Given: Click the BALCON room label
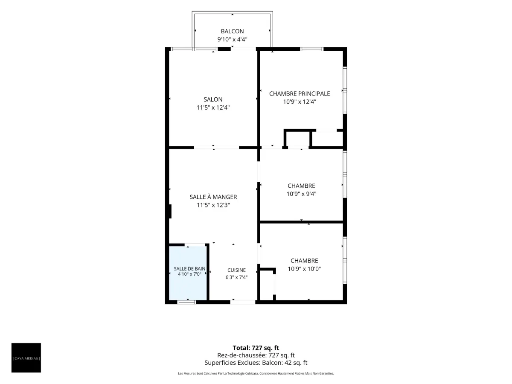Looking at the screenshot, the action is (232, 31).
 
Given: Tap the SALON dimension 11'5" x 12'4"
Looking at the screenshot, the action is (213, 108).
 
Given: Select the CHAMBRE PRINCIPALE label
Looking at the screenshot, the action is (300, 94).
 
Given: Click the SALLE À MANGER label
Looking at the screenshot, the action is (213, 197).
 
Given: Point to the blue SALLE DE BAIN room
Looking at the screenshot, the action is (188, 273).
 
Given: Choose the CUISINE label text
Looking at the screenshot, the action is (236, 270).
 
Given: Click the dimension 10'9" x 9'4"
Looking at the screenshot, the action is (301, 194).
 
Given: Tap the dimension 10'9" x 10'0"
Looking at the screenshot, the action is (304, 269).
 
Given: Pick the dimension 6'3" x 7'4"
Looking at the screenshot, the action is (236, 277).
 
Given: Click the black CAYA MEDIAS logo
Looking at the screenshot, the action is (26, 358).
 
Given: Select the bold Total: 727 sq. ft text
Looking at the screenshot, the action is (256, 348).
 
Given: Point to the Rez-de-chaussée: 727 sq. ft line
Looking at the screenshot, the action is (256, 355).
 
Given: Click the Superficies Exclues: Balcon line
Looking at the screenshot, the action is (256, 363).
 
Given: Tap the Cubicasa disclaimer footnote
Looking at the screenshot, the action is (256, 373).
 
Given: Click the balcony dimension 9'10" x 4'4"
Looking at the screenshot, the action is (232, 39).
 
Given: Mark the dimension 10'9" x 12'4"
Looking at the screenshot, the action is (300, 102).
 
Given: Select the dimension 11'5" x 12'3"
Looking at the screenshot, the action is (213, 205).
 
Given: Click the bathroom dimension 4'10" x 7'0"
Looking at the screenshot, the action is (189, 274).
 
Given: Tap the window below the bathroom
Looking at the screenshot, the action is (186, 302).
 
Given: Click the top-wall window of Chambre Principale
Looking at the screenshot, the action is (311, 49).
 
